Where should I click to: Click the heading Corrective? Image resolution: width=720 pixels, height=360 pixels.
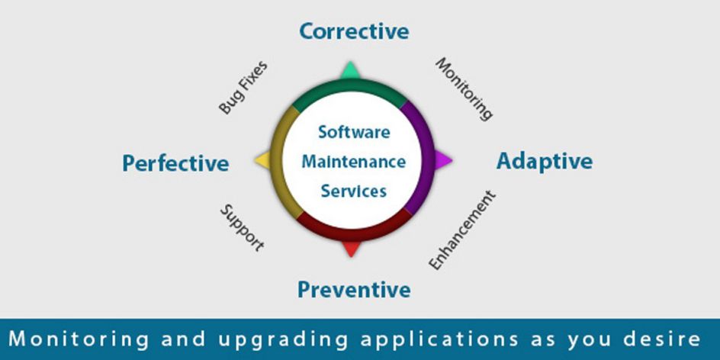click(354, 31)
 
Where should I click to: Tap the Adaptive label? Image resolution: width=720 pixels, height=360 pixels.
click(545, 162)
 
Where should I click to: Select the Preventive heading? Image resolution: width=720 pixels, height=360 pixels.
click(354, 290)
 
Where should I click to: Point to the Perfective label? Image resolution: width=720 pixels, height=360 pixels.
click(175, 163)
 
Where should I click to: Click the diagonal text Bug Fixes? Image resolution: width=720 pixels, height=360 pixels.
click(243, 88)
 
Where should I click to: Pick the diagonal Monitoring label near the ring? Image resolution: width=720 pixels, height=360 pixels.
click(464, 89)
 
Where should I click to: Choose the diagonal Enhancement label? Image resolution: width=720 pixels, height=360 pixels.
click(462, 230)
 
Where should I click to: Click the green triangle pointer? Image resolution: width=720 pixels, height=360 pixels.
click(351, 71)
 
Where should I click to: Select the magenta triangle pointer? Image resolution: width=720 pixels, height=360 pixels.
click(442, 160)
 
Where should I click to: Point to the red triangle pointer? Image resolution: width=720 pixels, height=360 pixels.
click(352, 249)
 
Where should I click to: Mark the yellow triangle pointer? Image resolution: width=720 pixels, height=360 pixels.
click(262, 160)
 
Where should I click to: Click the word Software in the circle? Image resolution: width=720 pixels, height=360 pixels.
click(354, 132)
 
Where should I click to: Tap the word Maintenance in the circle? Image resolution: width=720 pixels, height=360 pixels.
click(354, 162)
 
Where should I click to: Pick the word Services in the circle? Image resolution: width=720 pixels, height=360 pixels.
click(354, 191)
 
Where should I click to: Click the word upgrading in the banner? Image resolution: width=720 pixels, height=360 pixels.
click(282, 339)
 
